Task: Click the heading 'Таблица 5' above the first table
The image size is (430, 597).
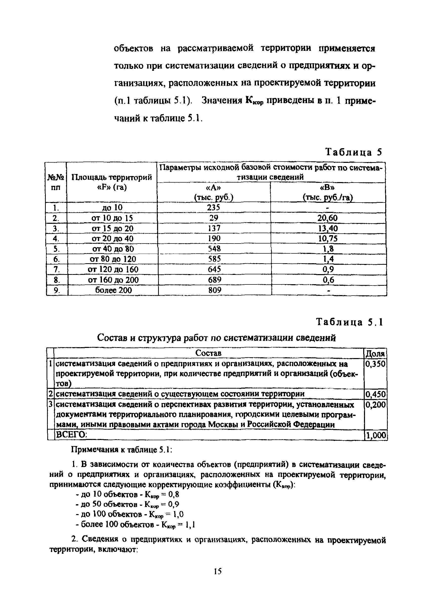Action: click(353, 152)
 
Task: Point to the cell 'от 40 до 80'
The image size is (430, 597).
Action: click(113, 249)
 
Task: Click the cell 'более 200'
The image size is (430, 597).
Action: click(113, 290)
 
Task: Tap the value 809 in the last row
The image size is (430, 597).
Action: click(214, 290)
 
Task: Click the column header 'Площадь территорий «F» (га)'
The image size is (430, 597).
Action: click(112, 182)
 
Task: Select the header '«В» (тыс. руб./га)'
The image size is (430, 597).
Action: click(328, 192)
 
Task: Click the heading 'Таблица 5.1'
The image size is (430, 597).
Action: click(349, 322)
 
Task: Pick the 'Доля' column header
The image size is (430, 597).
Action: click(375, 353)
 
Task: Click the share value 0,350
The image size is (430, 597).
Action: click(375, 364)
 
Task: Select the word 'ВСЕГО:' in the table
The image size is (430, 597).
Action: click(71, 435)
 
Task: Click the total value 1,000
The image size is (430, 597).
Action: click(376, 436)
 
